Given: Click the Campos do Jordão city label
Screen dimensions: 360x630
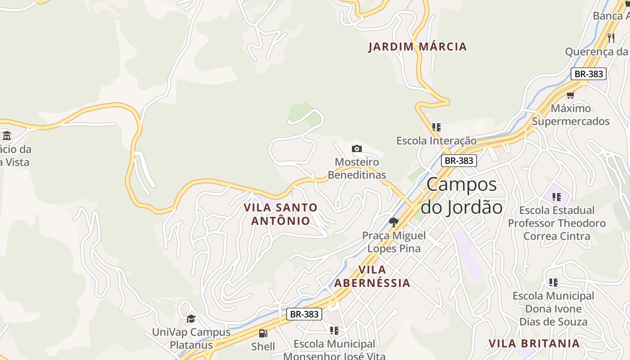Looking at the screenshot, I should [x=462, y=196].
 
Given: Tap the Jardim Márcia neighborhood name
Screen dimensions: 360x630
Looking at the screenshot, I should [x=418, y=47].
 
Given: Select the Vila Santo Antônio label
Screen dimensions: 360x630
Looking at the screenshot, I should [x=281, y=214].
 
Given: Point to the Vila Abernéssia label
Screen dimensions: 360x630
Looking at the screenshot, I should [x=372, y=276].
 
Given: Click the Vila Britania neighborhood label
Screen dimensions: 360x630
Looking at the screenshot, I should [x=534, y=343].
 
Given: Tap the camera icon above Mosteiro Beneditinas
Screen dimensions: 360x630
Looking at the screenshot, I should [x=356, y=148].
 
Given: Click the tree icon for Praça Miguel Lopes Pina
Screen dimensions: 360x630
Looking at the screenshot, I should [x=394, y=222].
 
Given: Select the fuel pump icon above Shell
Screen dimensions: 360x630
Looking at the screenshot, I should [x=263, y=333].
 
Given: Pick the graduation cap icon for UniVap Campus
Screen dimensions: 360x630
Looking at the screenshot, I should [x=191, y=319].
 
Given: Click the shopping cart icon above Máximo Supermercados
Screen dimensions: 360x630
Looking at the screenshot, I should [x=571, y=95].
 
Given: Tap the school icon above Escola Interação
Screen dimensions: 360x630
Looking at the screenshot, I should [x=436, y=127].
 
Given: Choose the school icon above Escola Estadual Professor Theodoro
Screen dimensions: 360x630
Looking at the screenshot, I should [x=557, y=197].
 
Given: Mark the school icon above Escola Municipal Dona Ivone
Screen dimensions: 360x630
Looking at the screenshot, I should [x=553, y=283].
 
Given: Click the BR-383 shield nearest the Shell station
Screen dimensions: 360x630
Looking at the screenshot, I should [x=304, y=314].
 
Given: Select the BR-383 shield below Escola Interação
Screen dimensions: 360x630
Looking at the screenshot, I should [x=459, y=161].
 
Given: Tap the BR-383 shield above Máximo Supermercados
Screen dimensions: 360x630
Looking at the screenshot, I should [x=588, y=74].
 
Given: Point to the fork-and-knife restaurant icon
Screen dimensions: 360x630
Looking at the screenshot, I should [x=611, y=38].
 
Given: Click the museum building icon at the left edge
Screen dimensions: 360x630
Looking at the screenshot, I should [x=7, y=135].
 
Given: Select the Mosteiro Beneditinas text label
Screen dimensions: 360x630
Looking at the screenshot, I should [x=357, y=168].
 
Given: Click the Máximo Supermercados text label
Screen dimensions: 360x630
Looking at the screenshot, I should [x=571, y=115].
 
